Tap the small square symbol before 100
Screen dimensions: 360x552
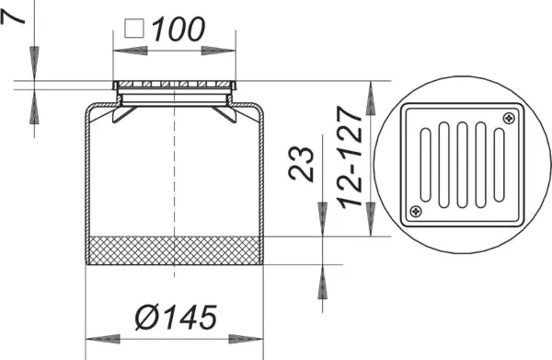coord(133,29)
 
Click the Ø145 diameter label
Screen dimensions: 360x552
coord(175,318)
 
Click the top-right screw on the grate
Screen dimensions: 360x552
coord(508,118)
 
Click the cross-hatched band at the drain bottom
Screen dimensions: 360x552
coord(175,250)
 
